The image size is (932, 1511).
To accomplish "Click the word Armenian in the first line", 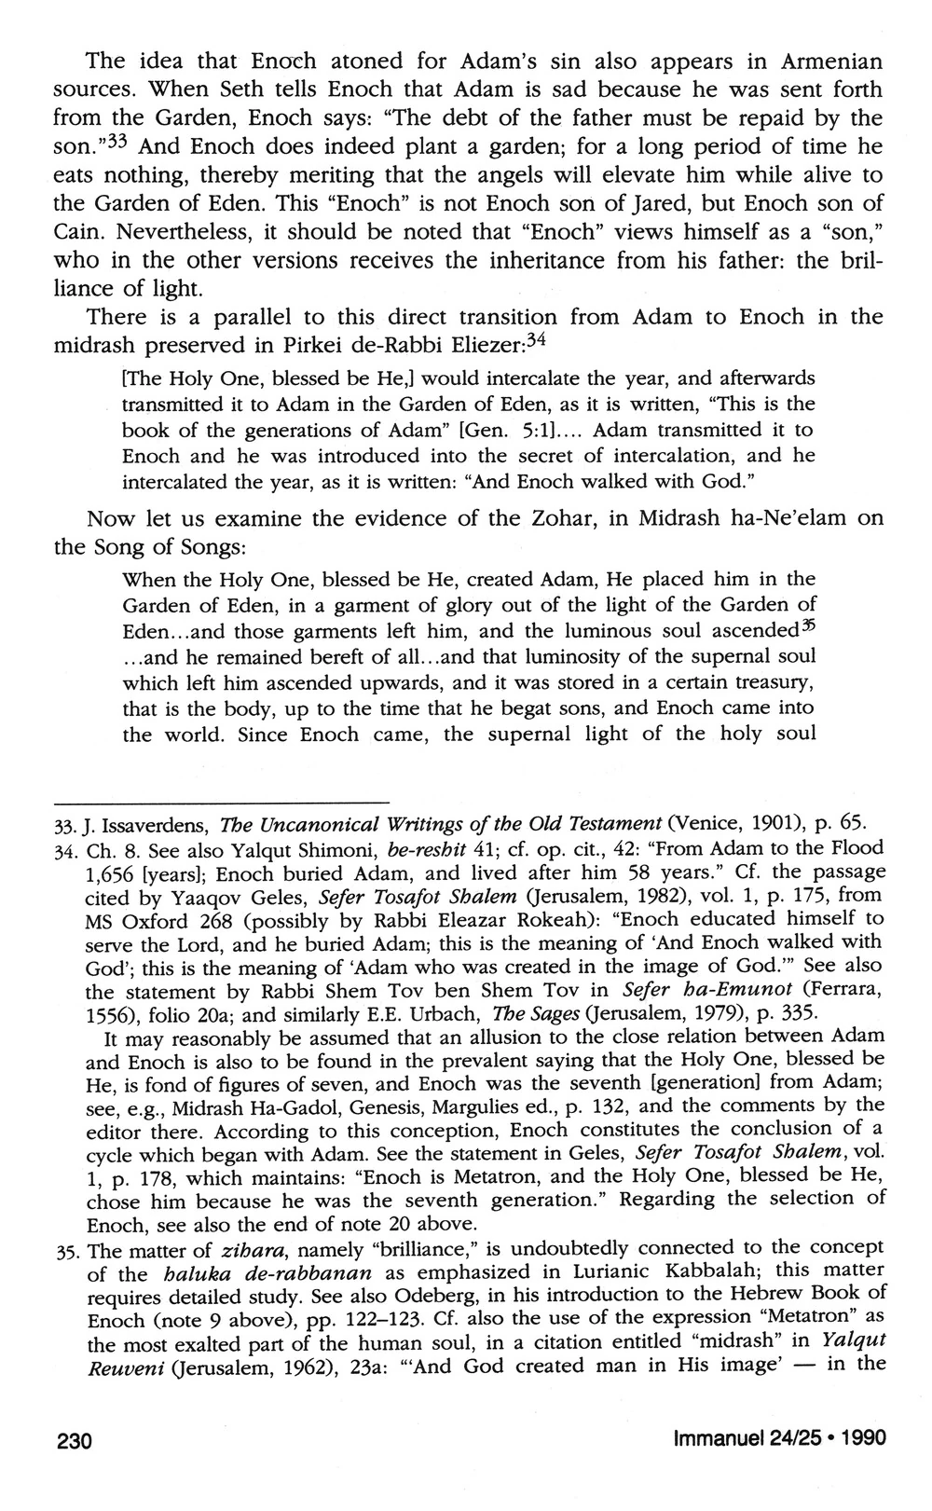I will click(823, 62).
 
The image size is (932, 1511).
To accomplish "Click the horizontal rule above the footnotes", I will click(220, 804).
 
